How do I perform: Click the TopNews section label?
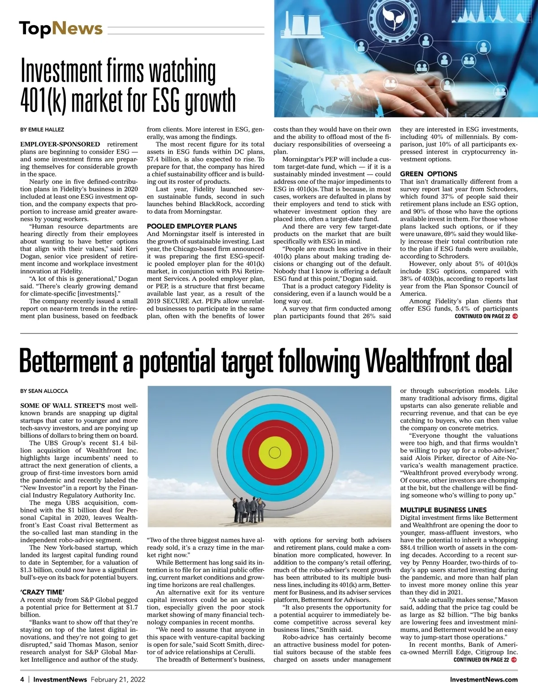coord(61,29)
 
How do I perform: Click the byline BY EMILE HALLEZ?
coord(42,129)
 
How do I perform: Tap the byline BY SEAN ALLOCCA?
coord(44,391)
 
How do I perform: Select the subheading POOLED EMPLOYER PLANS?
coord(192,226)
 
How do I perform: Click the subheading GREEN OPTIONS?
coord(429,174)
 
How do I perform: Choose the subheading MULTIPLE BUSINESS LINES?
coord(443,510)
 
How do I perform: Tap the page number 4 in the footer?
coord(22,679)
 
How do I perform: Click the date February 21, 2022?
coord(118,679)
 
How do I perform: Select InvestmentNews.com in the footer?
coord(484,679)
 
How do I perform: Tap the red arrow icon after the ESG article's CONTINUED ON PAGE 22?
coord(515,316)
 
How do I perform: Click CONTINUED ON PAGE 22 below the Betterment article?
coord(481,660)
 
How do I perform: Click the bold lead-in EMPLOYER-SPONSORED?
coord(60,144)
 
